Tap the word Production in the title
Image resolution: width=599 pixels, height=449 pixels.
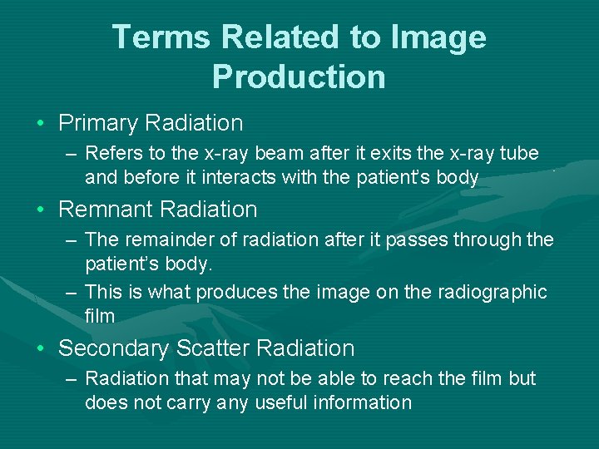(x=299, y=76)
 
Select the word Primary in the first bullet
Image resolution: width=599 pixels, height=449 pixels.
(x=98, y=124)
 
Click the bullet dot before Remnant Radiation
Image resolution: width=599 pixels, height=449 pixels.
(x=41, y=210)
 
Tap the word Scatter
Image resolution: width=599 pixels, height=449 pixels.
(x=222, y=348)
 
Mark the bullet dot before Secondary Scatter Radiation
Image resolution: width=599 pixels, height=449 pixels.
(x=41, y=349)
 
